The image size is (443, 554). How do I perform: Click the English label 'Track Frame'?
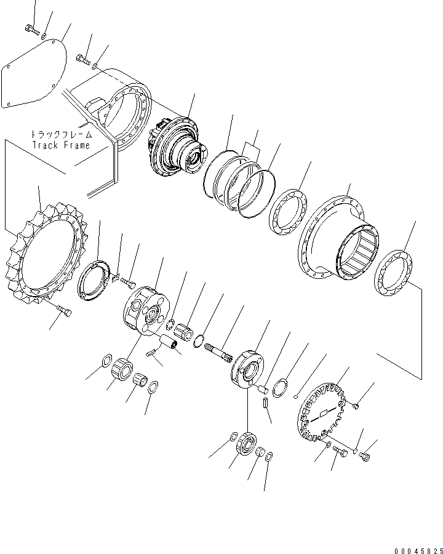point(62,145)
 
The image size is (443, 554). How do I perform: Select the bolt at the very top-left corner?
point(31,28)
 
